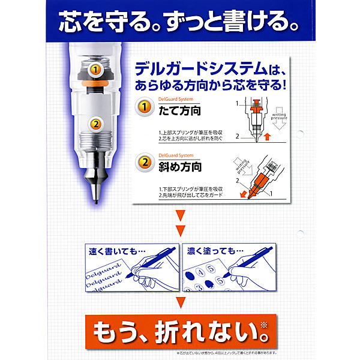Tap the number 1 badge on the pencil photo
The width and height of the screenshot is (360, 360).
click(x=94, y=70)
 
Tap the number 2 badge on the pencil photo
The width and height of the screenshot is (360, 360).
click(x=94, y=124)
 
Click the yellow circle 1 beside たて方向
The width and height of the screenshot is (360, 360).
click(x=143, y=108)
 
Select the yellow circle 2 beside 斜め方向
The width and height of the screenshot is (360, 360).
click(x=143, y=163)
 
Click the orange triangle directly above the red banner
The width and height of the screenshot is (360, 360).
click(x=179, y=302)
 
